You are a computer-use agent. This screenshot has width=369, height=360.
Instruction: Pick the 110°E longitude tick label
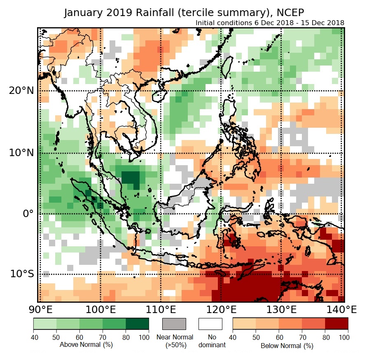point(161,309)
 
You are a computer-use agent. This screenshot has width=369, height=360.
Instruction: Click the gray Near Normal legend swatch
point(174,324)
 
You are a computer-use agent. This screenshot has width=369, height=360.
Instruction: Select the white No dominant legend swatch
point(210,324)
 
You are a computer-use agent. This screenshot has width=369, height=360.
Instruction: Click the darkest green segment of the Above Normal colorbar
point(137,324)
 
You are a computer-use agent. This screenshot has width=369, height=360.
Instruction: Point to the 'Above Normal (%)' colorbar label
point(86,344)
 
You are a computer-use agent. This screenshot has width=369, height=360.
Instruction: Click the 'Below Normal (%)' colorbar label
point(287,346)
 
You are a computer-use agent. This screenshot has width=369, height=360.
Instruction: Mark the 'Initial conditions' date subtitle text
point(270,23)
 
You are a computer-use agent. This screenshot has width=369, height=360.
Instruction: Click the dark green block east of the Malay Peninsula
point(131,178)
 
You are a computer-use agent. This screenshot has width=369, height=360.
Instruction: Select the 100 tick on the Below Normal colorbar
point(348,337)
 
